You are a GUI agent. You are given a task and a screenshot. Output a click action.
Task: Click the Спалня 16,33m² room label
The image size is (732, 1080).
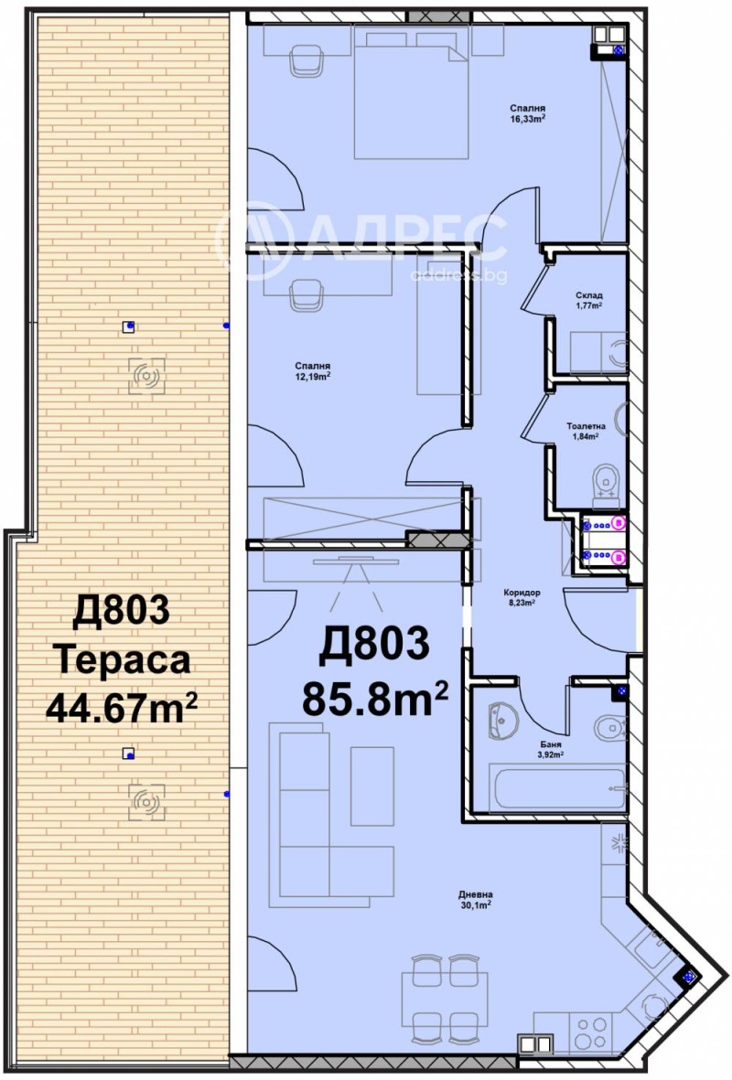click(x=528, y=112)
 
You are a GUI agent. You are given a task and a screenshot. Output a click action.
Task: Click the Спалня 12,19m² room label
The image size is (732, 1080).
click(x=312, y=369)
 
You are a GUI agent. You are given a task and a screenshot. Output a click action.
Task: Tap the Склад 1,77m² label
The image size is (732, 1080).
click(x=589, y=300)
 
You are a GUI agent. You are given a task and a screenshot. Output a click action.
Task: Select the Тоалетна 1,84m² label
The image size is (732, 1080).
click(x=582, y=431)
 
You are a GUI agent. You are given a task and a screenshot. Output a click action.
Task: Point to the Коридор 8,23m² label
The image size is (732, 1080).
click(x=522, y=596)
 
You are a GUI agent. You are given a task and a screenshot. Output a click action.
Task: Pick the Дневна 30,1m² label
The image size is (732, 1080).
click(x=477, y=899)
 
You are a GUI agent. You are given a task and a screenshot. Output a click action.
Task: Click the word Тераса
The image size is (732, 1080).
click(x=122, y=658)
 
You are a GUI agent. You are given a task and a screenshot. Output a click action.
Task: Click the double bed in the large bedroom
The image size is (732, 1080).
click(x=412, y=91)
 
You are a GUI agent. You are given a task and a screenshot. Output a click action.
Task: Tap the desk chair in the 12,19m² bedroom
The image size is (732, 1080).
click(x=307, y=295)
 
